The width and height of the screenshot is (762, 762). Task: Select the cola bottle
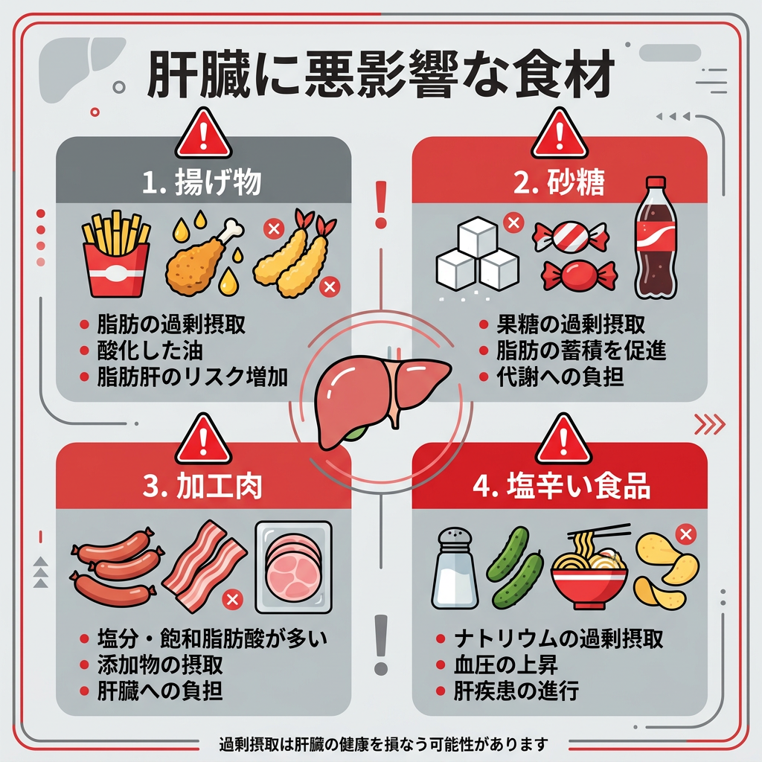[656, 238]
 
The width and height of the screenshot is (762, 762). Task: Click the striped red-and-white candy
[571, 237]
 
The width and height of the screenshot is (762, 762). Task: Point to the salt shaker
[455, 568]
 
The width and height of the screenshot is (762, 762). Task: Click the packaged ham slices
[293, 567]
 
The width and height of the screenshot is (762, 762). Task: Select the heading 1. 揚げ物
[202, 182]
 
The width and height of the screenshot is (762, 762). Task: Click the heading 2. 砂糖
[559, 182]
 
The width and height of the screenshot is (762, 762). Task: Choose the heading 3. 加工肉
[202, 485]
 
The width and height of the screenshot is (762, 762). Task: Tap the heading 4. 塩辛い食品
[562, 485]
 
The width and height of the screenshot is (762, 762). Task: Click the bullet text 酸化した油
[150, 350]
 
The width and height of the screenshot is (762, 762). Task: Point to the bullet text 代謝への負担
[560, 377]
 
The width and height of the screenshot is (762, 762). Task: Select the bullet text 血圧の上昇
[505, 665]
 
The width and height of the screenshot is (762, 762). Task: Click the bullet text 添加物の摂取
[161, 665]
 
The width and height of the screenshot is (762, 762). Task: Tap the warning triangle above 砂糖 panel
[560, 134]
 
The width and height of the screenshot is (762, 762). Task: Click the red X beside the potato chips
[685, 534]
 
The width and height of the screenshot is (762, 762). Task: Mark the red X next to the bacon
[232, 599]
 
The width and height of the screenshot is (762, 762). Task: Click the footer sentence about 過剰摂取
[383, 744]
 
